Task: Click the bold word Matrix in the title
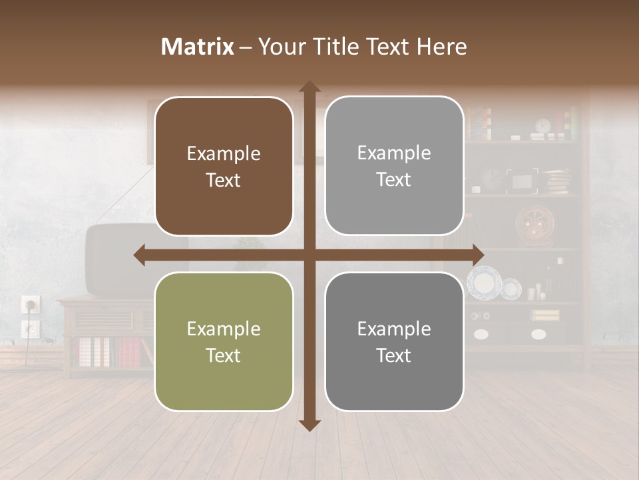coord(198,47)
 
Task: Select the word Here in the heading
coord(441,47)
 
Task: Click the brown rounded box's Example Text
coord(224,167)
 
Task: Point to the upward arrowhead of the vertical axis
coord(310,87)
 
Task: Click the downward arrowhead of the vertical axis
coord(310,425)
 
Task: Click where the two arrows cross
coord(310,255)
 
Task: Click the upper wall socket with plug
coord(30,305)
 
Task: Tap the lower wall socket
coord(30,328)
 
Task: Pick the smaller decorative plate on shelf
coord(511,288)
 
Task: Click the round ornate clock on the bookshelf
coord(534,225)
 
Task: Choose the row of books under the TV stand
coord(110,352)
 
